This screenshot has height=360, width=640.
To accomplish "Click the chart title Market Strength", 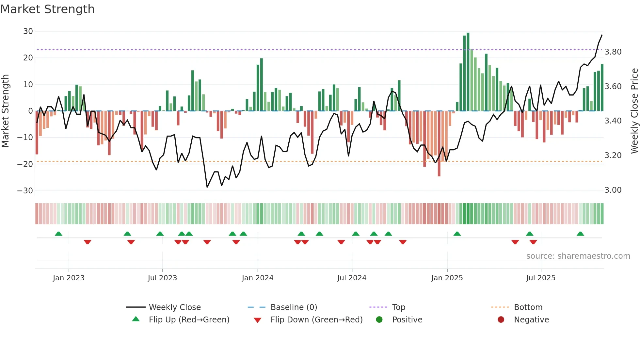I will pyautogui.click(x=47, y=9).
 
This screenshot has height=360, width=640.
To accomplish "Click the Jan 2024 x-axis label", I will pyautogui.click(x=257, y=278).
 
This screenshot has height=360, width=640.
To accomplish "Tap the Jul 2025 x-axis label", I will pyautogui.click(x=540, y=278).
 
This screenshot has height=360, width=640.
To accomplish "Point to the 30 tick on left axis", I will pyautogui.click(x=28, y=31).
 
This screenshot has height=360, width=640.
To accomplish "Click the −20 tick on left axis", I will pyautogui.click(x=25, y=164).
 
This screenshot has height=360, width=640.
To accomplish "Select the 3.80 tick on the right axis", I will pyautogui.click(x=613, y=52).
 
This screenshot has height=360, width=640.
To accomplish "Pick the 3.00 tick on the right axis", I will pyautogui.click(x=613, y=190).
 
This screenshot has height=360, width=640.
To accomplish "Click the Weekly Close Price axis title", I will pyautogui.click(x=634, y=111).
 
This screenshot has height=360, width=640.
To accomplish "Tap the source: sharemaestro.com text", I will pyautogui.click(x=578, y=256).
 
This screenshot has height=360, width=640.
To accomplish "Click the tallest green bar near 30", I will pyautogui.click(x=468, y=72).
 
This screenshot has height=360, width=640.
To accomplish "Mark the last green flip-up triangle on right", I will pyautogui.click(x=580, y=234).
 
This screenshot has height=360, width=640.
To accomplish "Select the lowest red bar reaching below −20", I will pyautogui.click(x=439, y=144).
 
